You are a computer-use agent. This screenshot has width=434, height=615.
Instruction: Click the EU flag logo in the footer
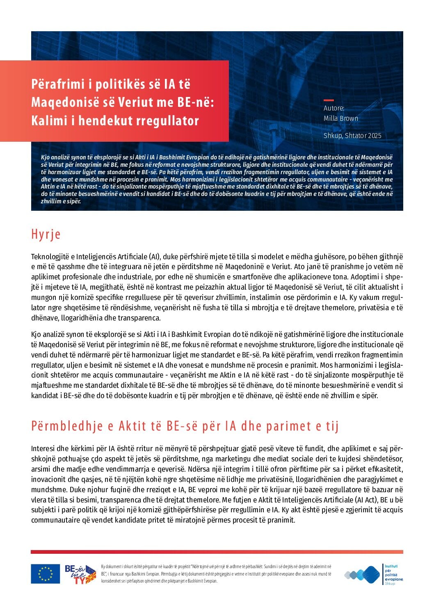[x=45, y=574]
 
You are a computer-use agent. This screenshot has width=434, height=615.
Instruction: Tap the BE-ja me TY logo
[x=80, y=574]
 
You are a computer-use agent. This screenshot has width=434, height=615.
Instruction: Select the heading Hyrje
[x=46, y=234]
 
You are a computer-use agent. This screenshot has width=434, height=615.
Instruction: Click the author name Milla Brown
[x=340, y=118]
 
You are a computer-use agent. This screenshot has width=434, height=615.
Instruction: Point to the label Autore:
[x=333, y=108]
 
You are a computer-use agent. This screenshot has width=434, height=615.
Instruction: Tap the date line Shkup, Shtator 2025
[x=352, y=136]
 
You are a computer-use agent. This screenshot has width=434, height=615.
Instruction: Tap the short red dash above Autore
[x=329, y=100]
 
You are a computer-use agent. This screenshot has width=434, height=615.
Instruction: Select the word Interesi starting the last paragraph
[x=43, y=449]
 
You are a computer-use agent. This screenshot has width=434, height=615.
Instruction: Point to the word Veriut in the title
[x=136, y=102]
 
